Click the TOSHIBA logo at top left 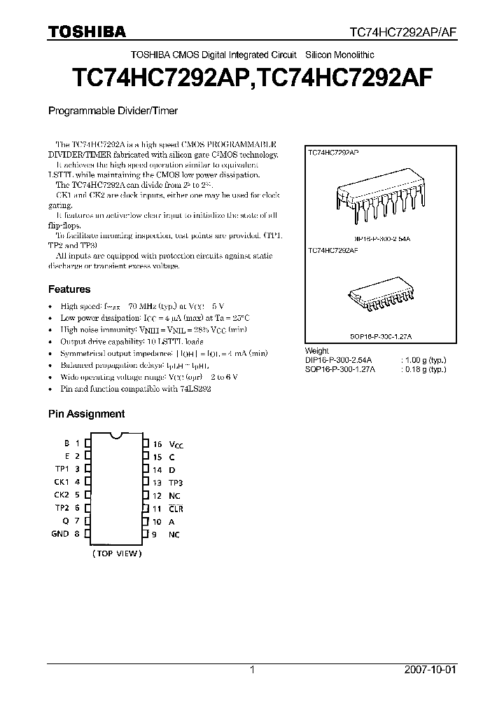click(x=86, y=32)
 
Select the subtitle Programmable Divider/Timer click(x=113, y=111)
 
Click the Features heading click(x=69, y=289)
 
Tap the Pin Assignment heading click(x=86, y=414)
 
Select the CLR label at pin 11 click(x=175, y=509)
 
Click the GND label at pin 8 click(x=60, y=534)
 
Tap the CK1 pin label click(x=62, y=482)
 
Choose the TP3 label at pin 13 click(x=176, y=483)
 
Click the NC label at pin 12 click(x=174, y=495)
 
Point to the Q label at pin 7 click(x=65, y=521)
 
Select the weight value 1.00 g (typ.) click(x=422, y=360)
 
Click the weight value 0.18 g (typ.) click(x=422, y=369)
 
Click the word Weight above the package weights click(x=317, y=351)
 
